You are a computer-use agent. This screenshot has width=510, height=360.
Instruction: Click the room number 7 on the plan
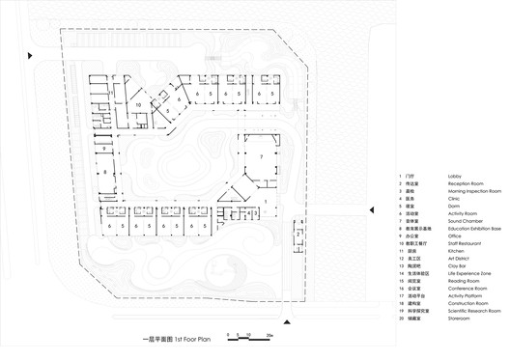click(260, 155)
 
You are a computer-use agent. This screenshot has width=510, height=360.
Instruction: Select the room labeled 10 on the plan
click(139, 102)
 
